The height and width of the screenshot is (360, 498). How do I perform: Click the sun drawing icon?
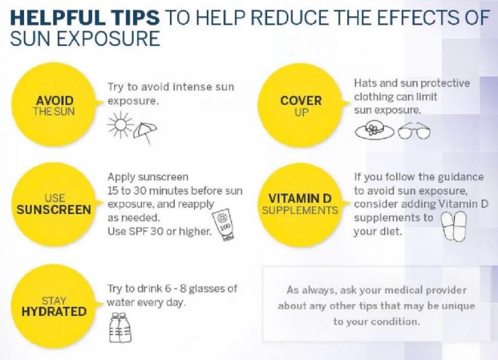click(121, 125)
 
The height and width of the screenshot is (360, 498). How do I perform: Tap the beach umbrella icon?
click(145, 132)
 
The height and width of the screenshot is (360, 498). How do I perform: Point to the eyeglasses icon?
click(414, 130)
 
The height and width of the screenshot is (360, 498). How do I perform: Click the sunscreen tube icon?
click(224, 225)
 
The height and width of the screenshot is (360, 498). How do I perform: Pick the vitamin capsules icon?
click(455, 226)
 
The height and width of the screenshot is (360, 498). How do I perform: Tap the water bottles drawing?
click(121, 328)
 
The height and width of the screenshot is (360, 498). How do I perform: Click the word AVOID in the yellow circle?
click(54, 101)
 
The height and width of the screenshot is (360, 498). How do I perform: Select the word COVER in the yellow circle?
click(301, 101)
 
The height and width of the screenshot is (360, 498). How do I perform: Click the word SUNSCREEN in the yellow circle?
click(54, 210)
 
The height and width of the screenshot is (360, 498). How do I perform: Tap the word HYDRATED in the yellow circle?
click(54, 311)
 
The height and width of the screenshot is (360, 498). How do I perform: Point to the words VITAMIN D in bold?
click(300, 198)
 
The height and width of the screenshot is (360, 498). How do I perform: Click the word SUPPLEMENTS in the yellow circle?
click(300, 210)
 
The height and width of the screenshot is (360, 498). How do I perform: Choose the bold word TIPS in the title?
click(135, 18)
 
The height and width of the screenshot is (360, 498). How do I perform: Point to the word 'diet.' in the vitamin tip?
click(391, 232)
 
